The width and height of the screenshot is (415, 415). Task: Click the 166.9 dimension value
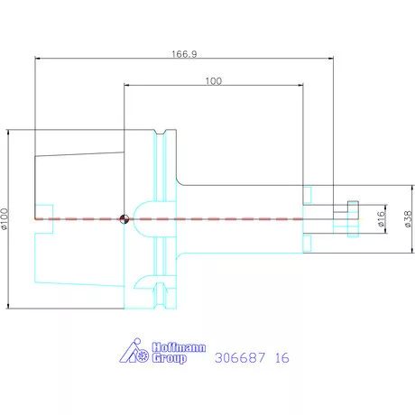[184, 54]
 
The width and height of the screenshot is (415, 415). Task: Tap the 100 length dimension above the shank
[214, 81]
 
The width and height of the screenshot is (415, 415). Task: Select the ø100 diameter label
[5, 219]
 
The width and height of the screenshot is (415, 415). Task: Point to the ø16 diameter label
[381, 218]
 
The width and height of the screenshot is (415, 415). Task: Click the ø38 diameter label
[408, 219]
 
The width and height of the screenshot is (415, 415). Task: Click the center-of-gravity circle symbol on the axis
[124, 219]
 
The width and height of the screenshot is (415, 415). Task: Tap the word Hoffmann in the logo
[179, 347]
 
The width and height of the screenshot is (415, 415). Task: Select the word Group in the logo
[169, 358]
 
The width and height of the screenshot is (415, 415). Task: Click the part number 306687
[240, 358]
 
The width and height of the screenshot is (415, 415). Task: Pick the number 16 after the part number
[282, 358]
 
